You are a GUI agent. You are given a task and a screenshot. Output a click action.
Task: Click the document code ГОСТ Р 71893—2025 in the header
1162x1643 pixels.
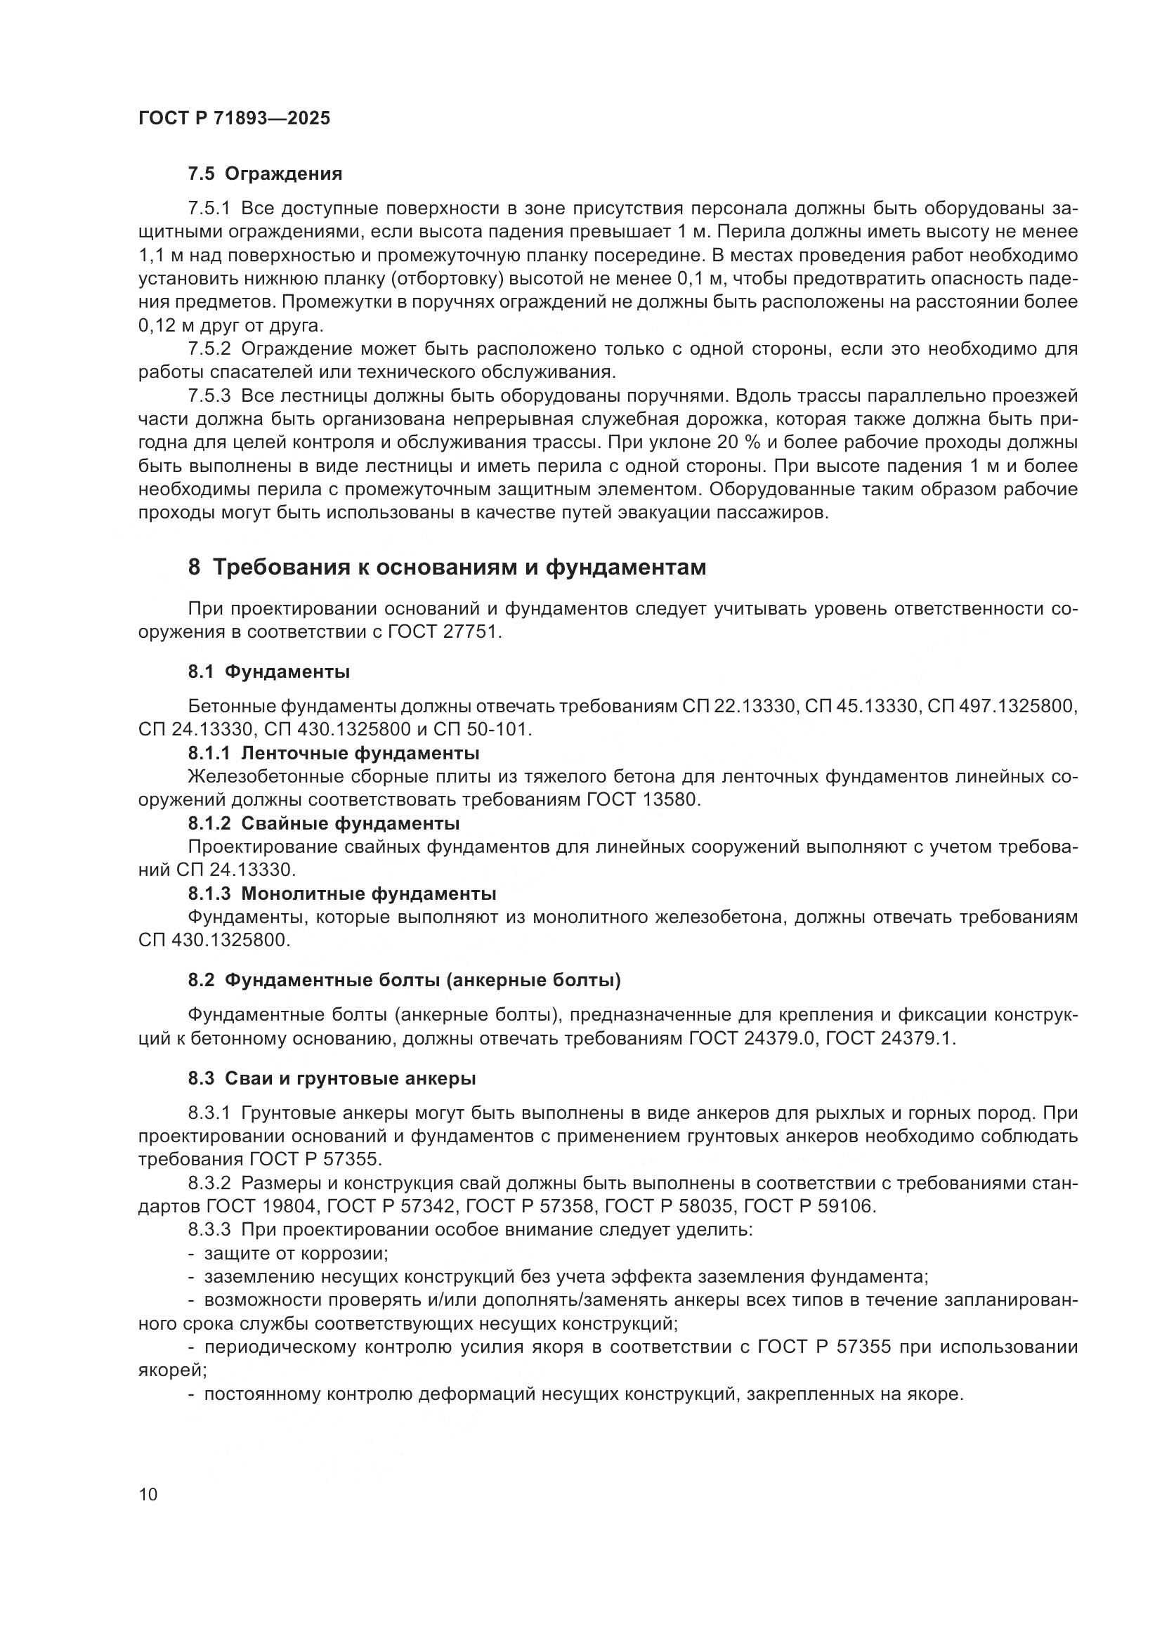234,119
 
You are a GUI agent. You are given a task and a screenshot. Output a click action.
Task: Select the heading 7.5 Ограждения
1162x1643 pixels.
266,174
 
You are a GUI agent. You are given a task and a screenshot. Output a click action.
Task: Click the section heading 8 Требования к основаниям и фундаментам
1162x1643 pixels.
448,568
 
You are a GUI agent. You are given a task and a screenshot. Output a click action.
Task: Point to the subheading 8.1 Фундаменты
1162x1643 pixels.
269,672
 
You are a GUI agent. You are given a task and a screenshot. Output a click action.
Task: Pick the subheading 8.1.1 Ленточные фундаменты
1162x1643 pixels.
334,754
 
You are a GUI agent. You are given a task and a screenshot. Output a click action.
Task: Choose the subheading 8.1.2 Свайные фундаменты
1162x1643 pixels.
323,824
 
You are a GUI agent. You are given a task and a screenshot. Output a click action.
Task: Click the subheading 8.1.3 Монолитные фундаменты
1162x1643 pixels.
342,893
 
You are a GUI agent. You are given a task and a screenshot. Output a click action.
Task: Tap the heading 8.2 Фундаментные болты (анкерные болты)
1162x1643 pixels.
404,981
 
